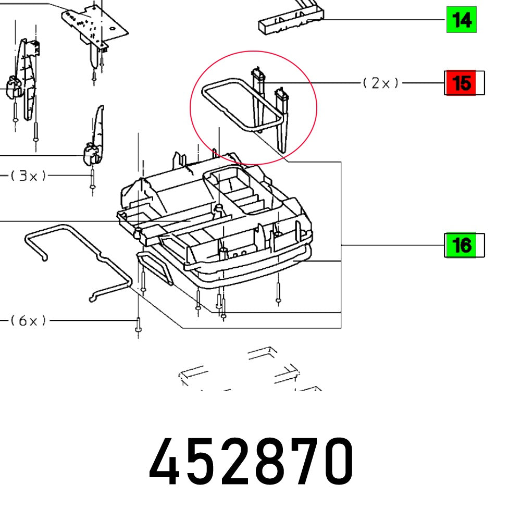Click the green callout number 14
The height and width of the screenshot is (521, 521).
coord(461,20)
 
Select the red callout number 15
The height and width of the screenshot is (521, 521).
coord(460,83)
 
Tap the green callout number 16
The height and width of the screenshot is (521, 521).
coord(460,245)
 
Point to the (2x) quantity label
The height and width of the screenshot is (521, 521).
coord(381,83)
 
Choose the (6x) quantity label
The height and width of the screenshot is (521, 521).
coord(29,320)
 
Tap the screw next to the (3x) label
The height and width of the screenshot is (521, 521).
coord(92,180)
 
